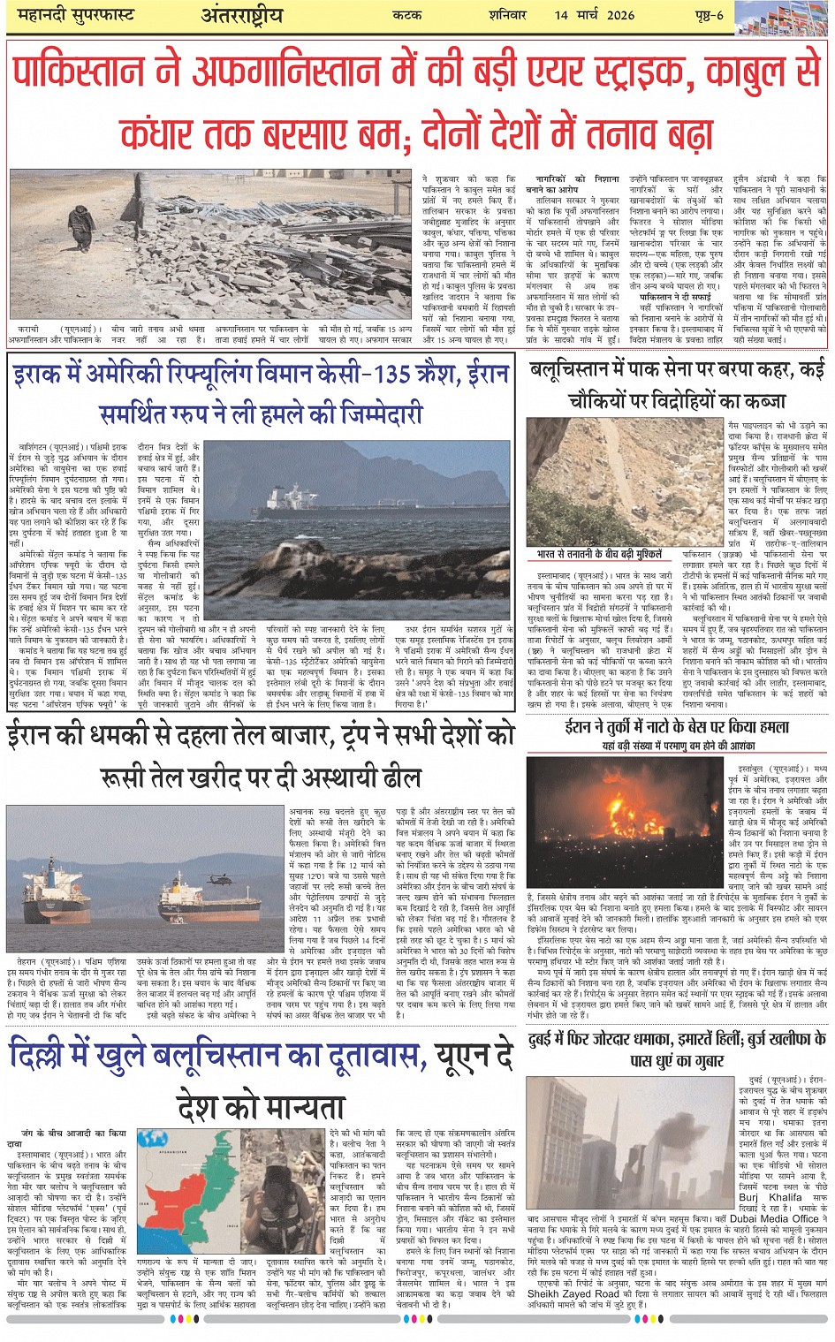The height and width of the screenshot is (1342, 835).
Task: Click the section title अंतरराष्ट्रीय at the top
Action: (241, 14)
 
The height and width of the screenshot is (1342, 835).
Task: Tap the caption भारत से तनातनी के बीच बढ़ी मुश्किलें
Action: (599, 554)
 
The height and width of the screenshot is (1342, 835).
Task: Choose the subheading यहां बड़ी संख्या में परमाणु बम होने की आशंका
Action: (678, 746)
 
